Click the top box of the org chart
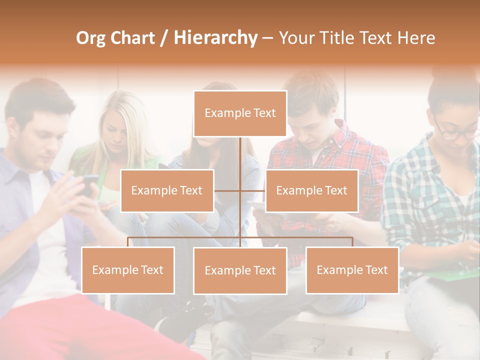pos(240,113)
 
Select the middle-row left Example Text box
pos(167,190)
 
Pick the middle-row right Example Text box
pos(311,190)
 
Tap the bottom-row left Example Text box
pos(128,270)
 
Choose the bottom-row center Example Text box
pos(240,270)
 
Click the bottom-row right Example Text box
pos(352,270)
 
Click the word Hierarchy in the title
pos(215,38)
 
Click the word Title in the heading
pos(338,38)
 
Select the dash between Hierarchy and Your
pos(267,38)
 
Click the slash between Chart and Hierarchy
pos(163,38)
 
